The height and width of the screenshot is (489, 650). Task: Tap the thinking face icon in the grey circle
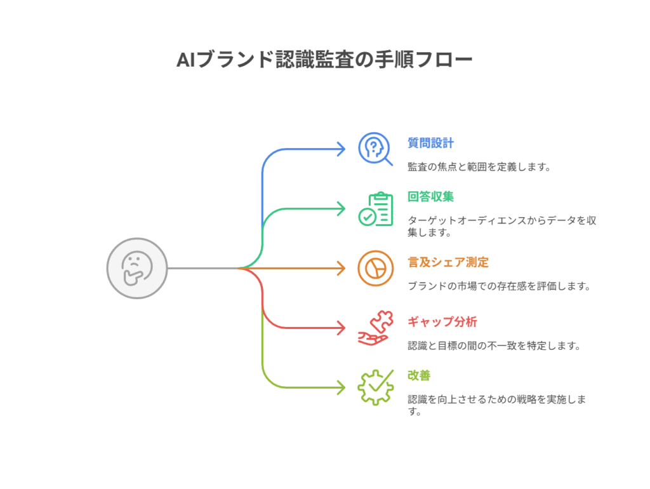click(137, 268)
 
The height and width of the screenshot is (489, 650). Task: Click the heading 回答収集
click(430, 196)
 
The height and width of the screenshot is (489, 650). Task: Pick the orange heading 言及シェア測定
click(448, 262)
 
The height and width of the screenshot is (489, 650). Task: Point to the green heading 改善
click(419, 375)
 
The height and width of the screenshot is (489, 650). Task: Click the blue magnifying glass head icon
click(375, 150)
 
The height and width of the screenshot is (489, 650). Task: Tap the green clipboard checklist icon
click(375, 209)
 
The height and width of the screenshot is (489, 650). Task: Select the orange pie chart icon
click(375, 268)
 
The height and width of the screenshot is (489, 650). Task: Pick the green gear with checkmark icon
click(375, 387)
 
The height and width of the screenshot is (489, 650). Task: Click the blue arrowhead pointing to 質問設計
click(341, 149)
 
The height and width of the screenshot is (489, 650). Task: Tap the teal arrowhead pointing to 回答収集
click(341, 208)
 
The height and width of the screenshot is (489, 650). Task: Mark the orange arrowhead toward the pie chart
click(341, 268)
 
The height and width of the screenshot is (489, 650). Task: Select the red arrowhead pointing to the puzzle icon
click(341, 328)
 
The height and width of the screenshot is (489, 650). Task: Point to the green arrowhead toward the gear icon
click(341, 387)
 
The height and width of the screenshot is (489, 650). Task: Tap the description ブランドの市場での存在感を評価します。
click(499, 286)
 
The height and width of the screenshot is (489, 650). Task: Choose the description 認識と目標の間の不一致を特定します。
click(493, 345)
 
